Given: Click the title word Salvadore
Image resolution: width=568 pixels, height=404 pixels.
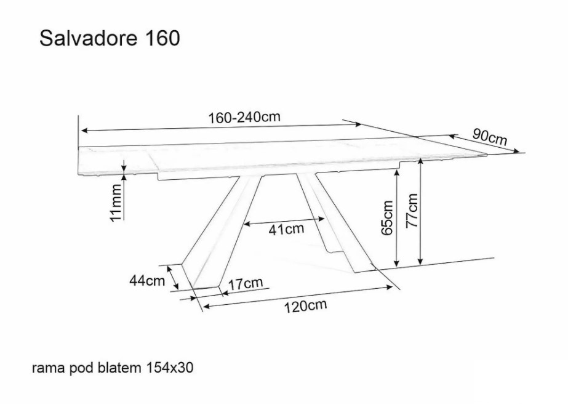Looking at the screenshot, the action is (89, 38).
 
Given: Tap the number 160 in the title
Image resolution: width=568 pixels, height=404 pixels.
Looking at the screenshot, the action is (162, 38).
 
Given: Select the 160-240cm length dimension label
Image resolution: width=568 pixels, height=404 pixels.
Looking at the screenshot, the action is (244, 117).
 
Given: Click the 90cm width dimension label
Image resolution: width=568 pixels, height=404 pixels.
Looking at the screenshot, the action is (490, 137).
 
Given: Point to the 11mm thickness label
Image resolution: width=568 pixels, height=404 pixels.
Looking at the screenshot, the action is (116, 203).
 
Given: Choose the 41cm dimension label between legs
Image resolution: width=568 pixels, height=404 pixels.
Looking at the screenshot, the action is (286, 229).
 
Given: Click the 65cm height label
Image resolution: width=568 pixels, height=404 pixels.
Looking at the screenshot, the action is (387, 217).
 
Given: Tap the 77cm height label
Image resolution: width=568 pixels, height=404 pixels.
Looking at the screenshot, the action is (412, 211).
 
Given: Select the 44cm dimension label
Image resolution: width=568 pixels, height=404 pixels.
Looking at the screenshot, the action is (147, 281).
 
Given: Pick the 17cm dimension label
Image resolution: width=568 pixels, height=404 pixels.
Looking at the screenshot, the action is (246, 283).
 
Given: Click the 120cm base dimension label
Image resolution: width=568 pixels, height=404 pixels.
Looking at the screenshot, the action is (305, 305).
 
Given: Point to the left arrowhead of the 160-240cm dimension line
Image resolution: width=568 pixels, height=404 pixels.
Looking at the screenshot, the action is (84, 130).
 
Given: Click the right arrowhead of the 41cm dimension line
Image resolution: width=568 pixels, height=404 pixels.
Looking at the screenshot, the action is (321, 219).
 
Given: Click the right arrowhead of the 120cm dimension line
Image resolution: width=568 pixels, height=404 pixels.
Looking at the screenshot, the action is (390, 287).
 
